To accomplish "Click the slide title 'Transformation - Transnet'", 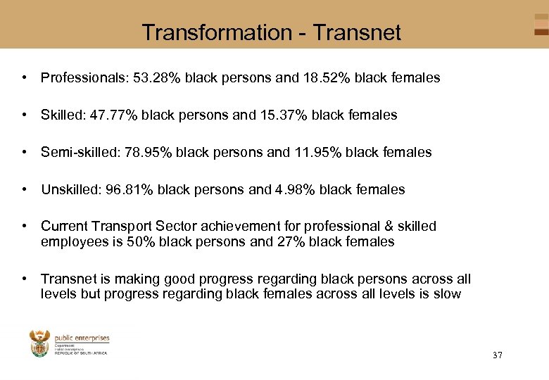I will point(271,32).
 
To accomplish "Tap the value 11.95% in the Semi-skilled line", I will point(318,152).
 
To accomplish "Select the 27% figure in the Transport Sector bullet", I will point(282,242).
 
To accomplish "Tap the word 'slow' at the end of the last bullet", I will point(447,294).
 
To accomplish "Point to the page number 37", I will point(498,355).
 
